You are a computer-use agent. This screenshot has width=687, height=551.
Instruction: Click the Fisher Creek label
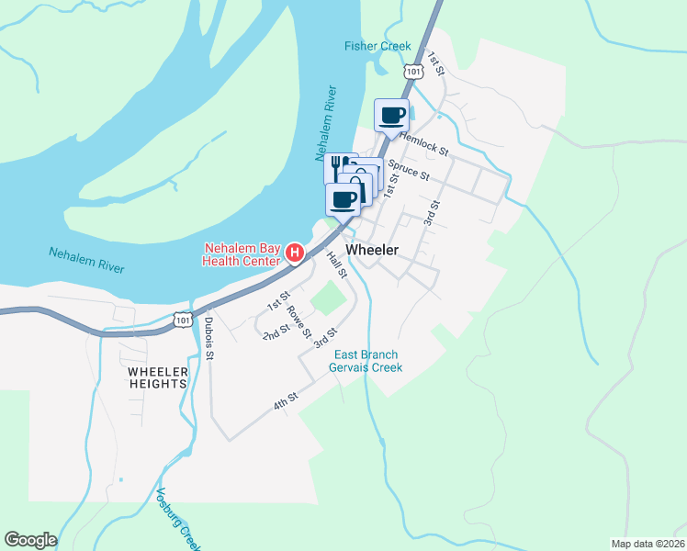377,45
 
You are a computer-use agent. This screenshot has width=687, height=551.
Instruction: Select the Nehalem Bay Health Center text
241,253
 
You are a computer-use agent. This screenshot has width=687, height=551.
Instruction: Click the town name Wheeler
372,250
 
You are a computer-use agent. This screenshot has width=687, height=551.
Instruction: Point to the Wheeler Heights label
158,377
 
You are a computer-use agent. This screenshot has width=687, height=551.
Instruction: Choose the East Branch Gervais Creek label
368,361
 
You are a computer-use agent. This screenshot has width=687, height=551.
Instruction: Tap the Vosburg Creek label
176,522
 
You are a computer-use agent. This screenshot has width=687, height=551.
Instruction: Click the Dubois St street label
209,338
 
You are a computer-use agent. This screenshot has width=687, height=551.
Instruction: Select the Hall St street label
336,264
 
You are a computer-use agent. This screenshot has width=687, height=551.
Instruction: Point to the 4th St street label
286,402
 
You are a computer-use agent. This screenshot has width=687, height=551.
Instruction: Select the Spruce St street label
409,170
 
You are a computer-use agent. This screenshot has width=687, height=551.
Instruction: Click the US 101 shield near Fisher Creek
413,71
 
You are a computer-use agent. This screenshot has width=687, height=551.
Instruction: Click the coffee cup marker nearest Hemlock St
391,117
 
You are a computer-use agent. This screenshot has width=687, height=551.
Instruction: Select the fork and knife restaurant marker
337,168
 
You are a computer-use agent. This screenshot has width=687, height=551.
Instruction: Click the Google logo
30,540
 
